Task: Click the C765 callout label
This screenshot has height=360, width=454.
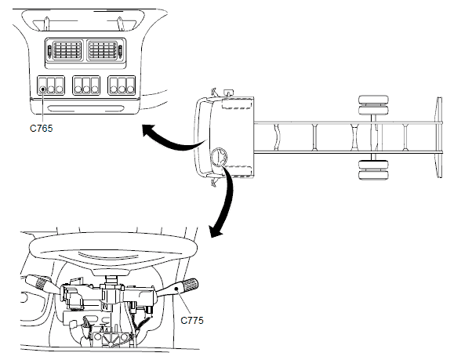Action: click(x=41, y=128)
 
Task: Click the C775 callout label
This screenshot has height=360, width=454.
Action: click(x=191, y=320)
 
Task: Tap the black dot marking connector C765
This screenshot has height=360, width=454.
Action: click(x=43, y=89)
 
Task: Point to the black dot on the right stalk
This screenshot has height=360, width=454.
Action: click(x=176, y=289)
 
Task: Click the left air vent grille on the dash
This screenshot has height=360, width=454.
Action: click(x=67, y=51)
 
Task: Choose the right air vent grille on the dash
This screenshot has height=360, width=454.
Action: click(x=103, y=51)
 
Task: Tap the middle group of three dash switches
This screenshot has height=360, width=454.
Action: click(x=86, y=85)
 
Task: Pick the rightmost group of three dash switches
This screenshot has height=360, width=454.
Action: click(x=122, y=85)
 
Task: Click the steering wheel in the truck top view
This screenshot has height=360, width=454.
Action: click(x=220, y=158)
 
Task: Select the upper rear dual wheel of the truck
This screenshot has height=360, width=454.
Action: click(x=373, y=105)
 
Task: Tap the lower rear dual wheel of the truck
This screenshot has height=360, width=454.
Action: click(x=373, y=169)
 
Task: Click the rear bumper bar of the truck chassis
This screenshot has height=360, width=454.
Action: click(x=439, y=137)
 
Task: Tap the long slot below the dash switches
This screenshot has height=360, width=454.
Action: click(x=86, y=109)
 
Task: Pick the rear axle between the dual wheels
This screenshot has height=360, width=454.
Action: click(x=374, y=137)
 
